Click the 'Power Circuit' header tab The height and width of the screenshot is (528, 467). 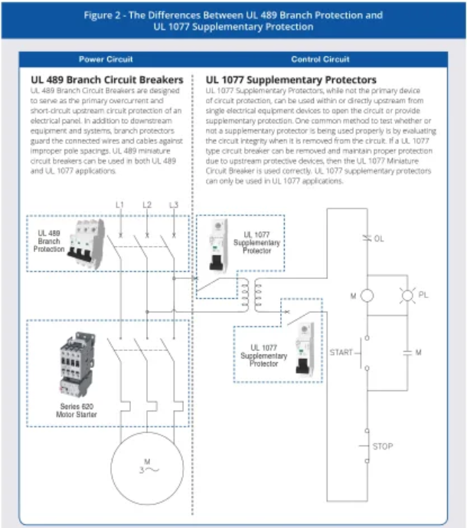pos(105,60)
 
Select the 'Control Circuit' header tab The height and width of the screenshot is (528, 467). pos(320,60)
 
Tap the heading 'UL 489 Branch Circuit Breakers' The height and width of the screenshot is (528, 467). pos(107,79)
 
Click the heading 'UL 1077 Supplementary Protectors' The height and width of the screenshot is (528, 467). pos(292,79)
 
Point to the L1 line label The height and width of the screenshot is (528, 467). pos(119,205)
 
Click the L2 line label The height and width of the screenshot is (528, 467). pos(146,205)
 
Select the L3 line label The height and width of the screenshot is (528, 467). pos(174,205)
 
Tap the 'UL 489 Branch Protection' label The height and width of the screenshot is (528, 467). pos(48,240)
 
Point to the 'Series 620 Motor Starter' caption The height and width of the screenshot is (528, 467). pos(75,411)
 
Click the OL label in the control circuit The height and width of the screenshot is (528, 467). pos(378,239)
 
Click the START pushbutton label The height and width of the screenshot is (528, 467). pos(341,353)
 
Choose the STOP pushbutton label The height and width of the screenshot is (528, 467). pos(382,445)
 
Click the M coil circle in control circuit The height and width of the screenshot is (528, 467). pos(367,296)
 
